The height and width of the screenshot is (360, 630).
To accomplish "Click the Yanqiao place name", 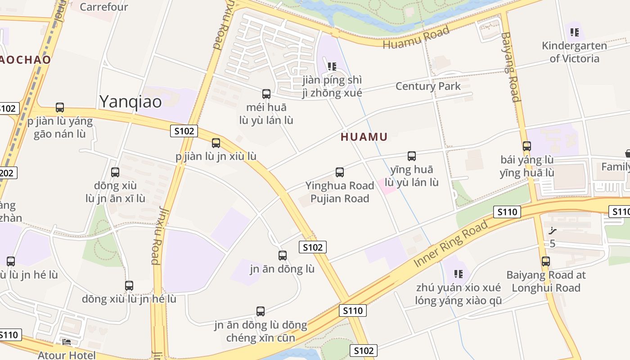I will (x=130, y=102).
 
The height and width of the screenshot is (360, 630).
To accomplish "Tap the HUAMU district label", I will (x=364, y=137).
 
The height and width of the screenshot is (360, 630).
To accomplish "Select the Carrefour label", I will (x=104, y=7).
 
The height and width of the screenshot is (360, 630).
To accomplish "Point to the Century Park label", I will (x=428, y=86).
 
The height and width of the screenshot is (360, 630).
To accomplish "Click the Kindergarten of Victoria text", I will (x=574, y=52).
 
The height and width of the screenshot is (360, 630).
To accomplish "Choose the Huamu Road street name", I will (x=416, y=38).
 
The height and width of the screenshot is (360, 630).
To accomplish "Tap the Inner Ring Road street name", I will (x=451, y=243).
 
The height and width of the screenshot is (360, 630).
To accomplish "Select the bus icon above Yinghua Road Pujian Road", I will (x=340, y=172).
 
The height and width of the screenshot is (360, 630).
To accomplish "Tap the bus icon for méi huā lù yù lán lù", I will (x=266, y=94).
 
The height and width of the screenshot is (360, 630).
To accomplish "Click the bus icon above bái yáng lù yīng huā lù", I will (x=526, y=146).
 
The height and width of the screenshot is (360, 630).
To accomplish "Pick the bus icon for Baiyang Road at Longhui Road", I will (x=545, y=261).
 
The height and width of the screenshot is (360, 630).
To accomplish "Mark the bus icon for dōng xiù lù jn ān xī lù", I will (x=115, y=172).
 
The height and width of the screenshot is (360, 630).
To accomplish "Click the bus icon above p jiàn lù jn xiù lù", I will (x=216, y=143).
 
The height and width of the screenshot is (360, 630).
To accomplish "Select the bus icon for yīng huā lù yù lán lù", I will (x=411, y=156).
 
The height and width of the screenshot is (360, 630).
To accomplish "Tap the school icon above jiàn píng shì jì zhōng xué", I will (x=332, y=67).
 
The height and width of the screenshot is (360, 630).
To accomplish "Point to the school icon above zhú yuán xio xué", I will (x=459, y=274).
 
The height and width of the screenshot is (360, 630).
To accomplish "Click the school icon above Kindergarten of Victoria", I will (x=574, y=32).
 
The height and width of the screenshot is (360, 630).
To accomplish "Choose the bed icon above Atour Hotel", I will (x=67, y=342).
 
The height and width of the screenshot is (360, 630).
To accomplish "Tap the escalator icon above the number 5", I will (x=553, y=231).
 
